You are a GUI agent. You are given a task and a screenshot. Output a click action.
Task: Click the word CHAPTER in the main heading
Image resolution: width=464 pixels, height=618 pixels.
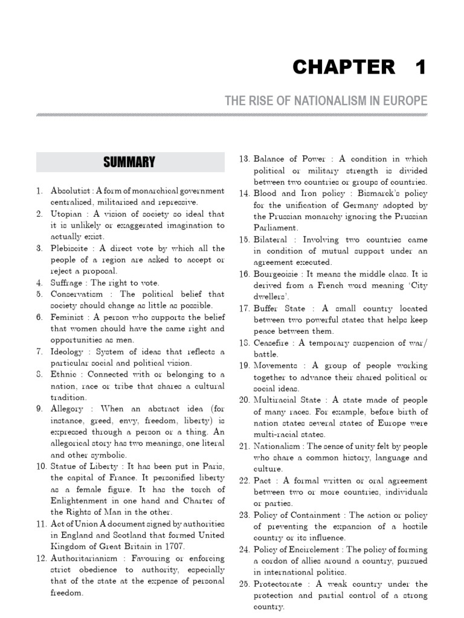pyautogui.click(x=344, y=68)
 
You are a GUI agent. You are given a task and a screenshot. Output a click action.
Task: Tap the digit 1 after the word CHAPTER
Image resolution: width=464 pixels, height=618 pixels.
pyautogui.click(x=420, y=68)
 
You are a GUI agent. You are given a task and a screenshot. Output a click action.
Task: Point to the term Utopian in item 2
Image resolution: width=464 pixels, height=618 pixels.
pyautogui.click(x=68, y=214)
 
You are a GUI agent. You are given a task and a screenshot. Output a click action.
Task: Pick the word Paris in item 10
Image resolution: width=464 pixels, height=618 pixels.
pyautogui.click(x=212, y=467)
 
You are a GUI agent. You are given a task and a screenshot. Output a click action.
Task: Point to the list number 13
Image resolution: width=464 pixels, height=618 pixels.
pyautogui.click(x=244, y=159)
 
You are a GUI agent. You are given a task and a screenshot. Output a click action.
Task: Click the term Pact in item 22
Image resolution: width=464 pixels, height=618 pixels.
pyautogui.click(x=264, y=480)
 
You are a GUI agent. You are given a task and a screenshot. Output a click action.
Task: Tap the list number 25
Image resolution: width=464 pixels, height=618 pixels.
pyautogui.click(x=244, y=584)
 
